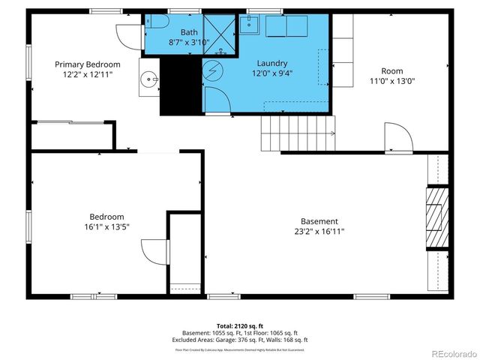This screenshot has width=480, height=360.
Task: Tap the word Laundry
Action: point(271,64)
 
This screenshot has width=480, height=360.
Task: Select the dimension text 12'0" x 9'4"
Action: point(271,73)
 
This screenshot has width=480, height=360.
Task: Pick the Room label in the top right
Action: point(391,71)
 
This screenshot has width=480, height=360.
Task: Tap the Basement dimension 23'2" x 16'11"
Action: point(319,231)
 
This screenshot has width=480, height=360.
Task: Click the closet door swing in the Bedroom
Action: point(154,251)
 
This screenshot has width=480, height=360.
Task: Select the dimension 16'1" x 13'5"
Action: point(107,226)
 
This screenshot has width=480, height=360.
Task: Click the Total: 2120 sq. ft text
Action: point(240,326)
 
